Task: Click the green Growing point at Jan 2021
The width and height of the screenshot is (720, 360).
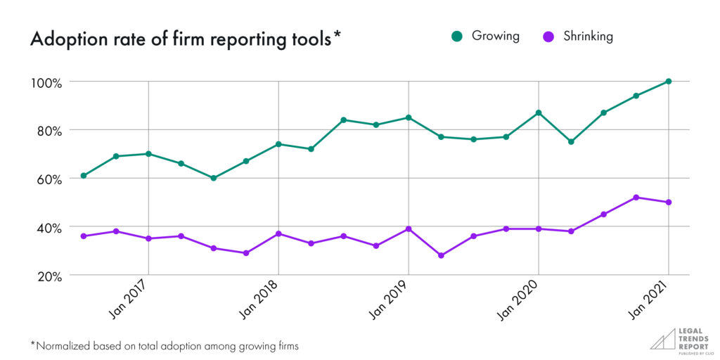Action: [668, 82]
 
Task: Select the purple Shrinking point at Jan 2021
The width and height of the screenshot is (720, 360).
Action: [668, 202]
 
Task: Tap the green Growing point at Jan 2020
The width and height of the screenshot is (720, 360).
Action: [538, 112]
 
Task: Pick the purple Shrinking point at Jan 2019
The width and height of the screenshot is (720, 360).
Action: [408, 229]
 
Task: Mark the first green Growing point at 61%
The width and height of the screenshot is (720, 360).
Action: [84, 176]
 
